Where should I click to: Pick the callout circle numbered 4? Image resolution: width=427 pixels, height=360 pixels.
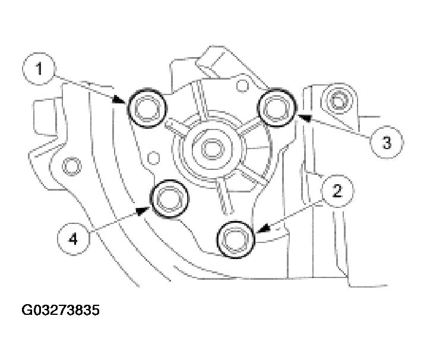click(x=73, y=239)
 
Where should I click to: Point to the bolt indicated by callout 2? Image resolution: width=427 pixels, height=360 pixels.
click(x=236, y=239)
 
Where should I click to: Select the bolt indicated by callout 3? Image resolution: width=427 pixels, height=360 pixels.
click(x=277, y=108)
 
